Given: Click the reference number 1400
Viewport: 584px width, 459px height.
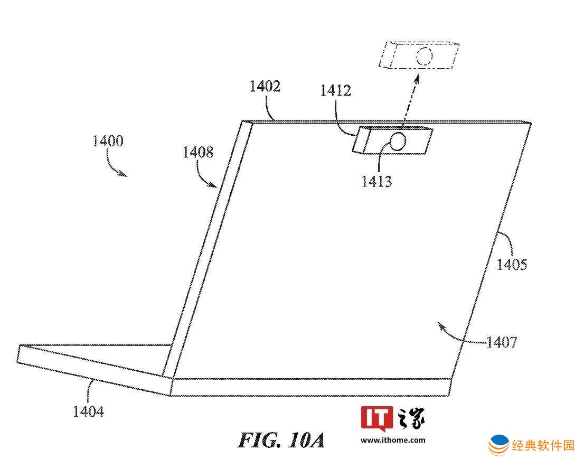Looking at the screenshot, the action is pos(108,141).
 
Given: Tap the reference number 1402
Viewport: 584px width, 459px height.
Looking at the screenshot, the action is pos(265,87).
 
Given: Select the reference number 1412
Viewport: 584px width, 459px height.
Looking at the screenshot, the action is pos(336,90).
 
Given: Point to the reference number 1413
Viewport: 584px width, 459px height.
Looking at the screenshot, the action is pos(376,182).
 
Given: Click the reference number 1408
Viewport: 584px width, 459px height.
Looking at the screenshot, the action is pos(198,152).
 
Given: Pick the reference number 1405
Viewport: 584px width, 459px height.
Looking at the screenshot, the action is pos(512,265).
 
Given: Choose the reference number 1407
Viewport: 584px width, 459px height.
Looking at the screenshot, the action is pos(502,342).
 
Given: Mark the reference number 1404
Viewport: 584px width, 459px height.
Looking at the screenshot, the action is pos(88,411).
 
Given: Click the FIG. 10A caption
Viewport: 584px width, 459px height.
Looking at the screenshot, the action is pos(281,440).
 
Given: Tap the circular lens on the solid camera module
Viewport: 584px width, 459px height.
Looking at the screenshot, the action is pos(398,142).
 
